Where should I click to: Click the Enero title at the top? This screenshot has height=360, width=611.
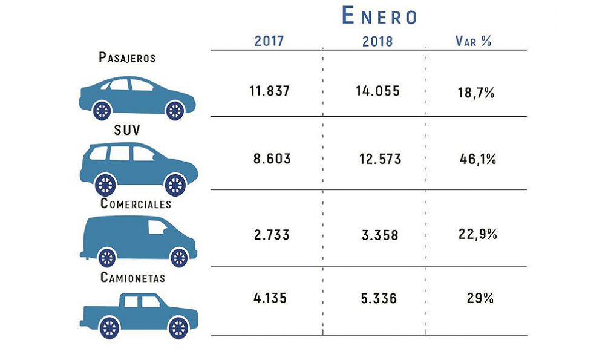click(379, 16)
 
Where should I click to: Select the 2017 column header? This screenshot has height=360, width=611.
click(269, 41)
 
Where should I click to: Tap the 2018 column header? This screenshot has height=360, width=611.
click(377, 42)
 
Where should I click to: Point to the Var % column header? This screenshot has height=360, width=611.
click(473, 41)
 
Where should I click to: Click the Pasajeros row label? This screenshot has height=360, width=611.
click(127, 58)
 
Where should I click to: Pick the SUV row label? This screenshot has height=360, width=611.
click(127, 131)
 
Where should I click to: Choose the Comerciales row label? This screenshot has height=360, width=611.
click(136, 204)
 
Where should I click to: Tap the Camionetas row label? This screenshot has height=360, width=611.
click(133, 278)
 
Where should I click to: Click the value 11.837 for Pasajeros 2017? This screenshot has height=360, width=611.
click(270, 91)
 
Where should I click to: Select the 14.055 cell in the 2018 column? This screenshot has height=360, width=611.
click(377, 91)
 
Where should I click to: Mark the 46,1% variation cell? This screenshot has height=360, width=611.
click(478, 160)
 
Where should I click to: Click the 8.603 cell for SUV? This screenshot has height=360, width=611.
click(272, 159)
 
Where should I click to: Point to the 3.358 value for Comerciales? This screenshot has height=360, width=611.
click(380, 235)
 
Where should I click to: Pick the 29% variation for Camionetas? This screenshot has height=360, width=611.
click(480, 298)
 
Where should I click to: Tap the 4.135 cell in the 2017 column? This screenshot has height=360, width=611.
click(269, 298)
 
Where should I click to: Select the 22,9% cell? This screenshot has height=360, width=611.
click(478, 234)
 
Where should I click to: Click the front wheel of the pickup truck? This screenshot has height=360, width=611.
click(178, 327)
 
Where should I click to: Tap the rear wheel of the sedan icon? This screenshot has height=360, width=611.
click(102, 110)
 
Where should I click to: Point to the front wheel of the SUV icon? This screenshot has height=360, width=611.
click(175, 184)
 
